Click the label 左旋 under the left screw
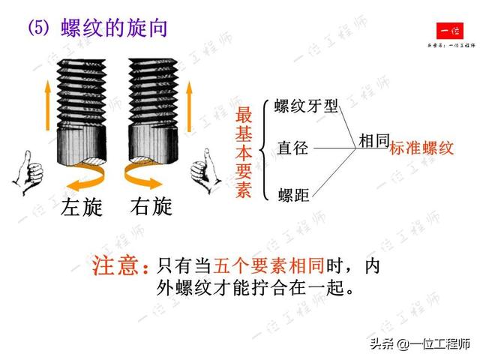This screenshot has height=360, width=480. (82, 206)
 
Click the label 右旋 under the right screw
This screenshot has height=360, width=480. (151, 206)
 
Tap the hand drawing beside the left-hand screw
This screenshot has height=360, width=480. (28, 172)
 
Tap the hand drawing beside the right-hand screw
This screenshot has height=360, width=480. (205, 171)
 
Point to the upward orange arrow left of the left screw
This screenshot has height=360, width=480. (47, 106)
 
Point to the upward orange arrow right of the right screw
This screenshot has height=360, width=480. (189, 106)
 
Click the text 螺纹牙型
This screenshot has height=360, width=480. (306, 106)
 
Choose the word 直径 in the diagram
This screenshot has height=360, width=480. (292, 148)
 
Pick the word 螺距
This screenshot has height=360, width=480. (293, 195)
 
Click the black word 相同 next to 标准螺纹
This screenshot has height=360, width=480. (373, 141)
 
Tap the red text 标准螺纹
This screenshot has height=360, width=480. (421, 148)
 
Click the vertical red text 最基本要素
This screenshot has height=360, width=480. (244, 152)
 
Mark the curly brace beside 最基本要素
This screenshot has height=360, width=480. (264, 150)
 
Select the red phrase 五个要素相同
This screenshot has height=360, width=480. (269, 265)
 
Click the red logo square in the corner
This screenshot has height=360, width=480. (450, 31)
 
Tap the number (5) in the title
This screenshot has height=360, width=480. (38, 28)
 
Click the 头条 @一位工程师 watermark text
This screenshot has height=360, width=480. (420, 344)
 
